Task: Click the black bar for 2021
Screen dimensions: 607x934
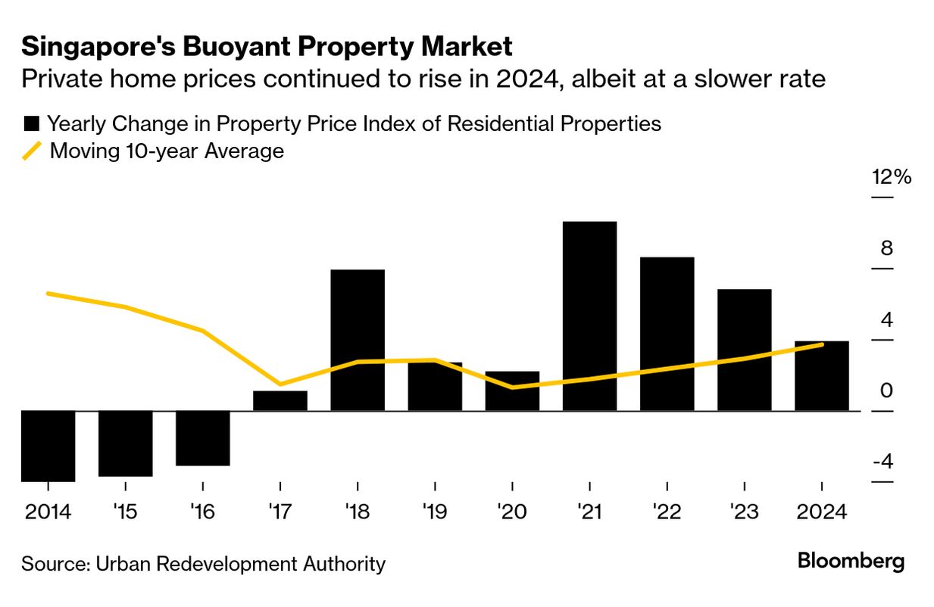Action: (589, 316)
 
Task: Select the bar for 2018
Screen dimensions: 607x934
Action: (358, 340)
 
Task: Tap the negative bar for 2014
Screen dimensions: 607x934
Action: (48, 446)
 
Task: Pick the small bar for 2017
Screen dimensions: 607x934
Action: (280, 401)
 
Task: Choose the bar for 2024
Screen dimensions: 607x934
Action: (821, 375)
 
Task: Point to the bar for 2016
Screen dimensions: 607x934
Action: (202, 438)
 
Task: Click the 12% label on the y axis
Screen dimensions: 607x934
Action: (892, 178)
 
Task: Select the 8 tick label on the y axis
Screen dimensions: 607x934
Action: (886, 249)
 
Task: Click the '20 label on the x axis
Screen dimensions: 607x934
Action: (512, 512)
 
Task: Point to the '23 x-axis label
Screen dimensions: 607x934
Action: (744, 512)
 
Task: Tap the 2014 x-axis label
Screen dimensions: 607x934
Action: (48, 512)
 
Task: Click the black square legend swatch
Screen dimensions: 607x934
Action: (31, 123)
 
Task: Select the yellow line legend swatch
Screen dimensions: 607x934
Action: (31, 151)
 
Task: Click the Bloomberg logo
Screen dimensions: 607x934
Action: (851, 562)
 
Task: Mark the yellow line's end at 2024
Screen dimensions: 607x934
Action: (823, 345)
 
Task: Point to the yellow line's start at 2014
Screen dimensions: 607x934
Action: (48, 293)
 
